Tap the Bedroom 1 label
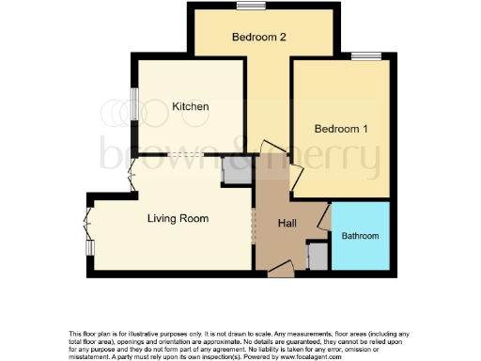tap(341, 129)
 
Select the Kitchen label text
tap(191, 107)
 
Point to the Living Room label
tap(178, 218)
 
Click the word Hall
tap(287, 224)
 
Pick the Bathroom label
tap(359, 235)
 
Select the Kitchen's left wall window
tap(134, 104)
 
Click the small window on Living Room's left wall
tap(90, 247)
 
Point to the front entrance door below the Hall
tap(280, 272)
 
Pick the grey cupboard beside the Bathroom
tap(317, 255)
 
